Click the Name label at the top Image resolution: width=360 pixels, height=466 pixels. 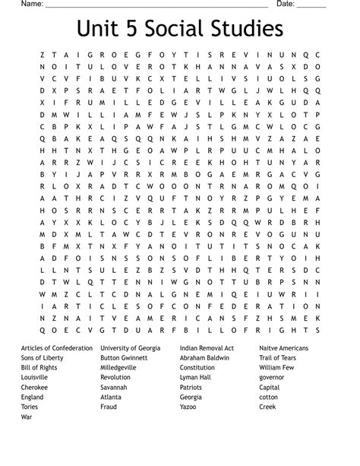click(31, 5)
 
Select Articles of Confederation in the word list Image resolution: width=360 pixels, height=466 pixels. click(57, 347)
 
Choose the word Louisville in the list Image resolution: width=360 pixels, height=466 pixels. click(36, 377)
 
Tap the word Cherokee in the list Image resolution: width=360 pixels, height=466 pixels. click(35, 387)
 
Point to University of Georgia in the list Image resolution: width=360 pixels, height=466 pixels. click(131, 347)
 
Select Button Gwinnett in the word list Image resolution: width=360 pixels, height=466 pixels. click(125, 357)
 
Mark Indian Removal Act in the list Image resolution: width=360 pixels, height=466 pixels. click(207, 347)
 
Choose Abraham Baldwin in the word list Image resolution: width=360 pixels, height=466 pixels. click(206, 357)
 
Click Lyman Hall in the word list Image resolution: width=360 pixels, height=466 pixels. click(196, 377)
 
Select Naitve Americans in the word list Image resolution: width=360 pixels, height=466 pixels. click(284, 347)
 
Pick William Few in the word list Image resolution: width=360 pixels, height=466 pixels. click(276, 367)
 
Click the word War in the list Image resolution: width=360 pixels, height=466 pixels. click(27, 417)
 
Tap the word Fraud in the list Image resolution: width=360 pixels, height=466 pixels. click(110, 407)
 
